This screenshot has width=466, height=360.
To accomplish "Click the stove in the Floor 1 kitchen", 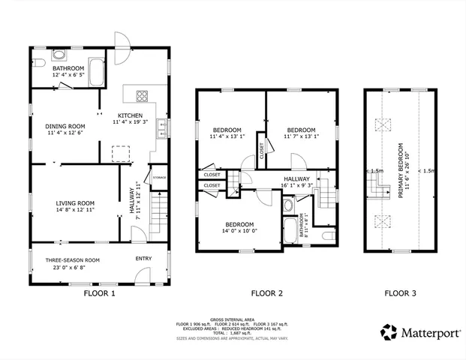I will click(x=141, y=95).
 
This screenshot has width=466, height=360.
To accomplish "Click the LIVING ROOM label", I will click(x=75, y=202).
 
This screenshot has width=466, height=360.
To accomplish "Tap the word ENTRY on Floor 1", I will click(x=143, y=259).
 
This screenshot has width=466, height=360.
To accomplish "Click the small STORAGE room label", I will click(x=160, y=177).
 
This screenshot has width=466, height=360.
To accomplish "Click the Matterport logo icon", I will click(x=389, y=331).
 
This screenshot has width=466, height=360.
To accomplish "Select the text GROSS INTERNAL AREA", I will click(x=233, y=318).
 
